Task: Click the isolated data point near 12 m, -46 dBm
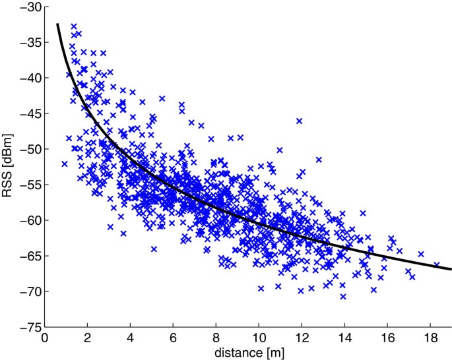pos(299,121)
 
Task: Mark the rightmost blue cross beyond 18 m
pos(436,265)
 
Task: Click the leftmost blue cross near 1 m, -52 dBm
pos(65,164)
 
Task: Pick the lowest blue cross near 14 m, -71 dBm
pos(343,297)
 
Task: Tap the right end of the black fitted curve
pos(451,269)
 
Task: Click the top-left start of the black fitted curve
pos(57,24)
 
